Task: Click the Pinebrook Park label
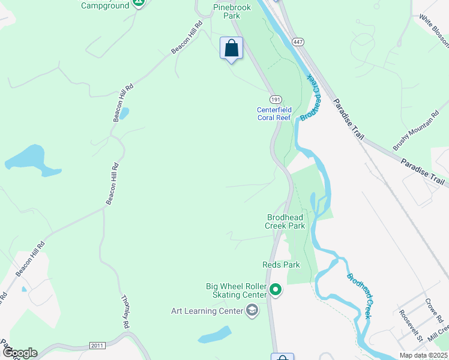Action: tap(227, 11)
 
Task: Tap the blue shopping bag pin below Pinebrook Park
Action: tap(231, 49)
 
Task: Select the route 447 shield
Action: tap(298, 41)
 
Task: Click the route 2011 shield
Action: tap(98, 346)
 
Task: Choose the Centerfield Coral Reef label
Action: tap(274, 113)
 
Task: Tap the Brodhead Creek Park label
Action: tap(285, 221)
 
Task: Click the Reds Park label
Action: tap(281, 265)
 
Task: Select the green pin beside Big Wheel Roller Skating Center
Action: tap(276, 290)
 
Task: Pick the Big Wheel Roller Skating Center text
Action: tap(239, 290)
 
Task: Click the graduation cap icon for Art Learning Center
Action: tap(252, 310)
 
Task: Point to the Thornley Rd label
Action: tap(125, 311)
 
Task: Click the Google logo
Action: tap(19, 352)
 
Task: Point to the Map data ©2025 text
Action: tap(423, 355)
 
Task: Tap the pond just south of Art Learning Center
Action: tap(214, 335)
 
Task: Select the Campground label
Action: tap(105, 5)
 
